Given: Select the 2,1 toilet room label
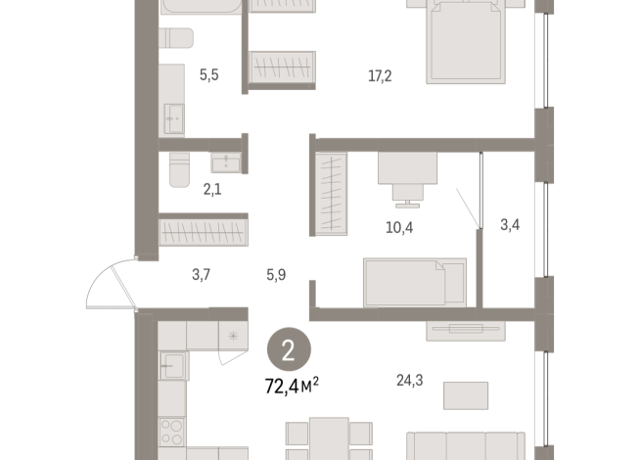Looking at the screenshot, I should coord(211,190).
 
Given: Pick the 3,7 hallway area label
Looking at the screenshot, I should coord(202,276).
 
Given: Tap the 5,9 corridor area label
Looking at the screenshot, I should coord(276,276).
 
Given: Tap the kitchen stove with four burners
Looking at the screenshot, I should coord(172,431).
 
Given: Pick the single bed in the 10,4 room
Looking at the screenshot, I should coord(417,282).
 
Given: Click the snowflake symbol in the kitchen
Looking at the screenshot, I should coord(233,337).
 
